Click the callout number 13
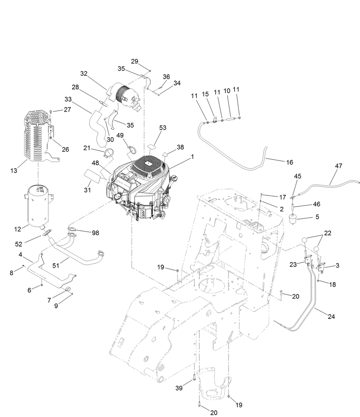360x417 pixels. tap(13, 170)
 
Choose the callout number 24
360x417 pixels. tap(331, 316)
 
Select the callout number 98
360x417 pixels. tap(95, 233)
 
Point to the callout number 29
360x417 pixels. tap(135, 61)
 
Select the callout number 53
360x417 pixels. tap(162, 128)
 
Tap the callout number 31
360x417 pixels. tap(87, 190)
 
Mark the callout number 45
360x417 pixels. tap(297, 176)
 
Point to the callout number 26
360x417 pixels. tap(65, 149)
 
